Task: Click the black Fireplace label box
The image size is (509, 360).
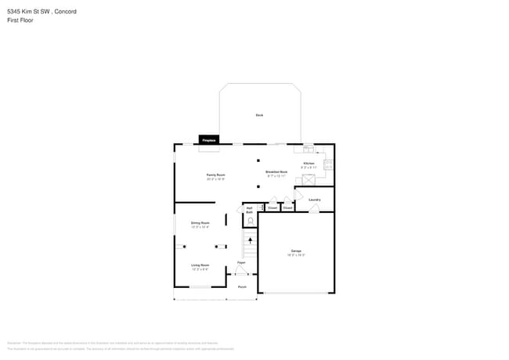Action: pos(209,139)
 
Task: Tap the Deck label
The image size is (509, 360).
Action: pos(259,115)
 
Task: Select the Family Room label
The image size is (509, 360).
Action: pos(216,175)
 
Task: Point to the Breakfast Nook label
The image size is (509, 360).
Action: pos(276,171)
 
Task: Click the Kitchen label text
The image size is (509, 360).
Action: pos(309,164)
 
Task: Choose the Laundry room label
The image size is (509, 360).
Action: pos(314,200)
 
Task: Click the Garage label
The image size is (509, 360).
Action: pos(297,251)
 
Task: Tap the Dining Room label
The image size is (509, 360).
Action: pos(200,223)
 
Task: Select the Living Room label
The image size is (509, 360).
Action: pos(200,265)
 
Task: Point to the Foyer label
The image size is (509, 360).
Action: pos(242,262)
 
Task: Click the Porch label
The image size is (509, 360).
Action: pos(243,286)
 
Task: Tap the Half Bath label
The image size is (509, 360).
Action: pos(249,210)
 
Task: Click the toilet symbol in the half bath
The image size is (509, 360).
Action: pos(250,221)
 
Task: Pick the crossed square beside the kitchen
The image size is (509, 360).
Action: pos(309,180)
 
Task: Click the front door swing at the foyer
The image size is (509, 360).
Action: pos(242,271)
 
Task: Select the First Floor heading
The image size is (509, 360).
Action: pos(20,20)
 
